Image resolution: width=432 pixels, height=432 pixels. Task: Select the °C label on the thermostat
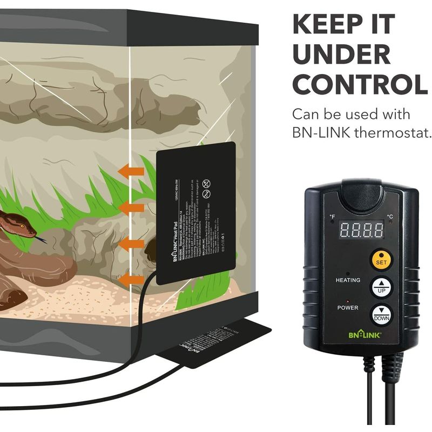click(390, 218)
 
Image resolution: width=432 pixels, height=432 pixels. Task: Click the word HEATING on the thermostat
click(348, 280)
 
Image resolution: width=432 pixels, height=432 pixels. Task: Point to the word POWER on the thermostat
click(348, 308)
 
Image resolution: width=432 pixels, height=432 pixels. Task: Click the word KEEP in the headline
click(328, 25)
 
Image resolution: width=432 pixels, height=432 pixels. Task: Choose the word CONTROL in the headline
click(360, 84)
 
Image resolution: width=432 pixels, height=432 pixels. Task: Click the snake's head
click(16, 221)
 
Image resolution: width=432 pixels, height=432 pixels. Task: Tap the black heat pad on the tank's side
click(195, 211)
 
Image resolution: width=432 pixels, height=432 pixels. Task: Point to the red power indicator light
click(348, 300)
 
